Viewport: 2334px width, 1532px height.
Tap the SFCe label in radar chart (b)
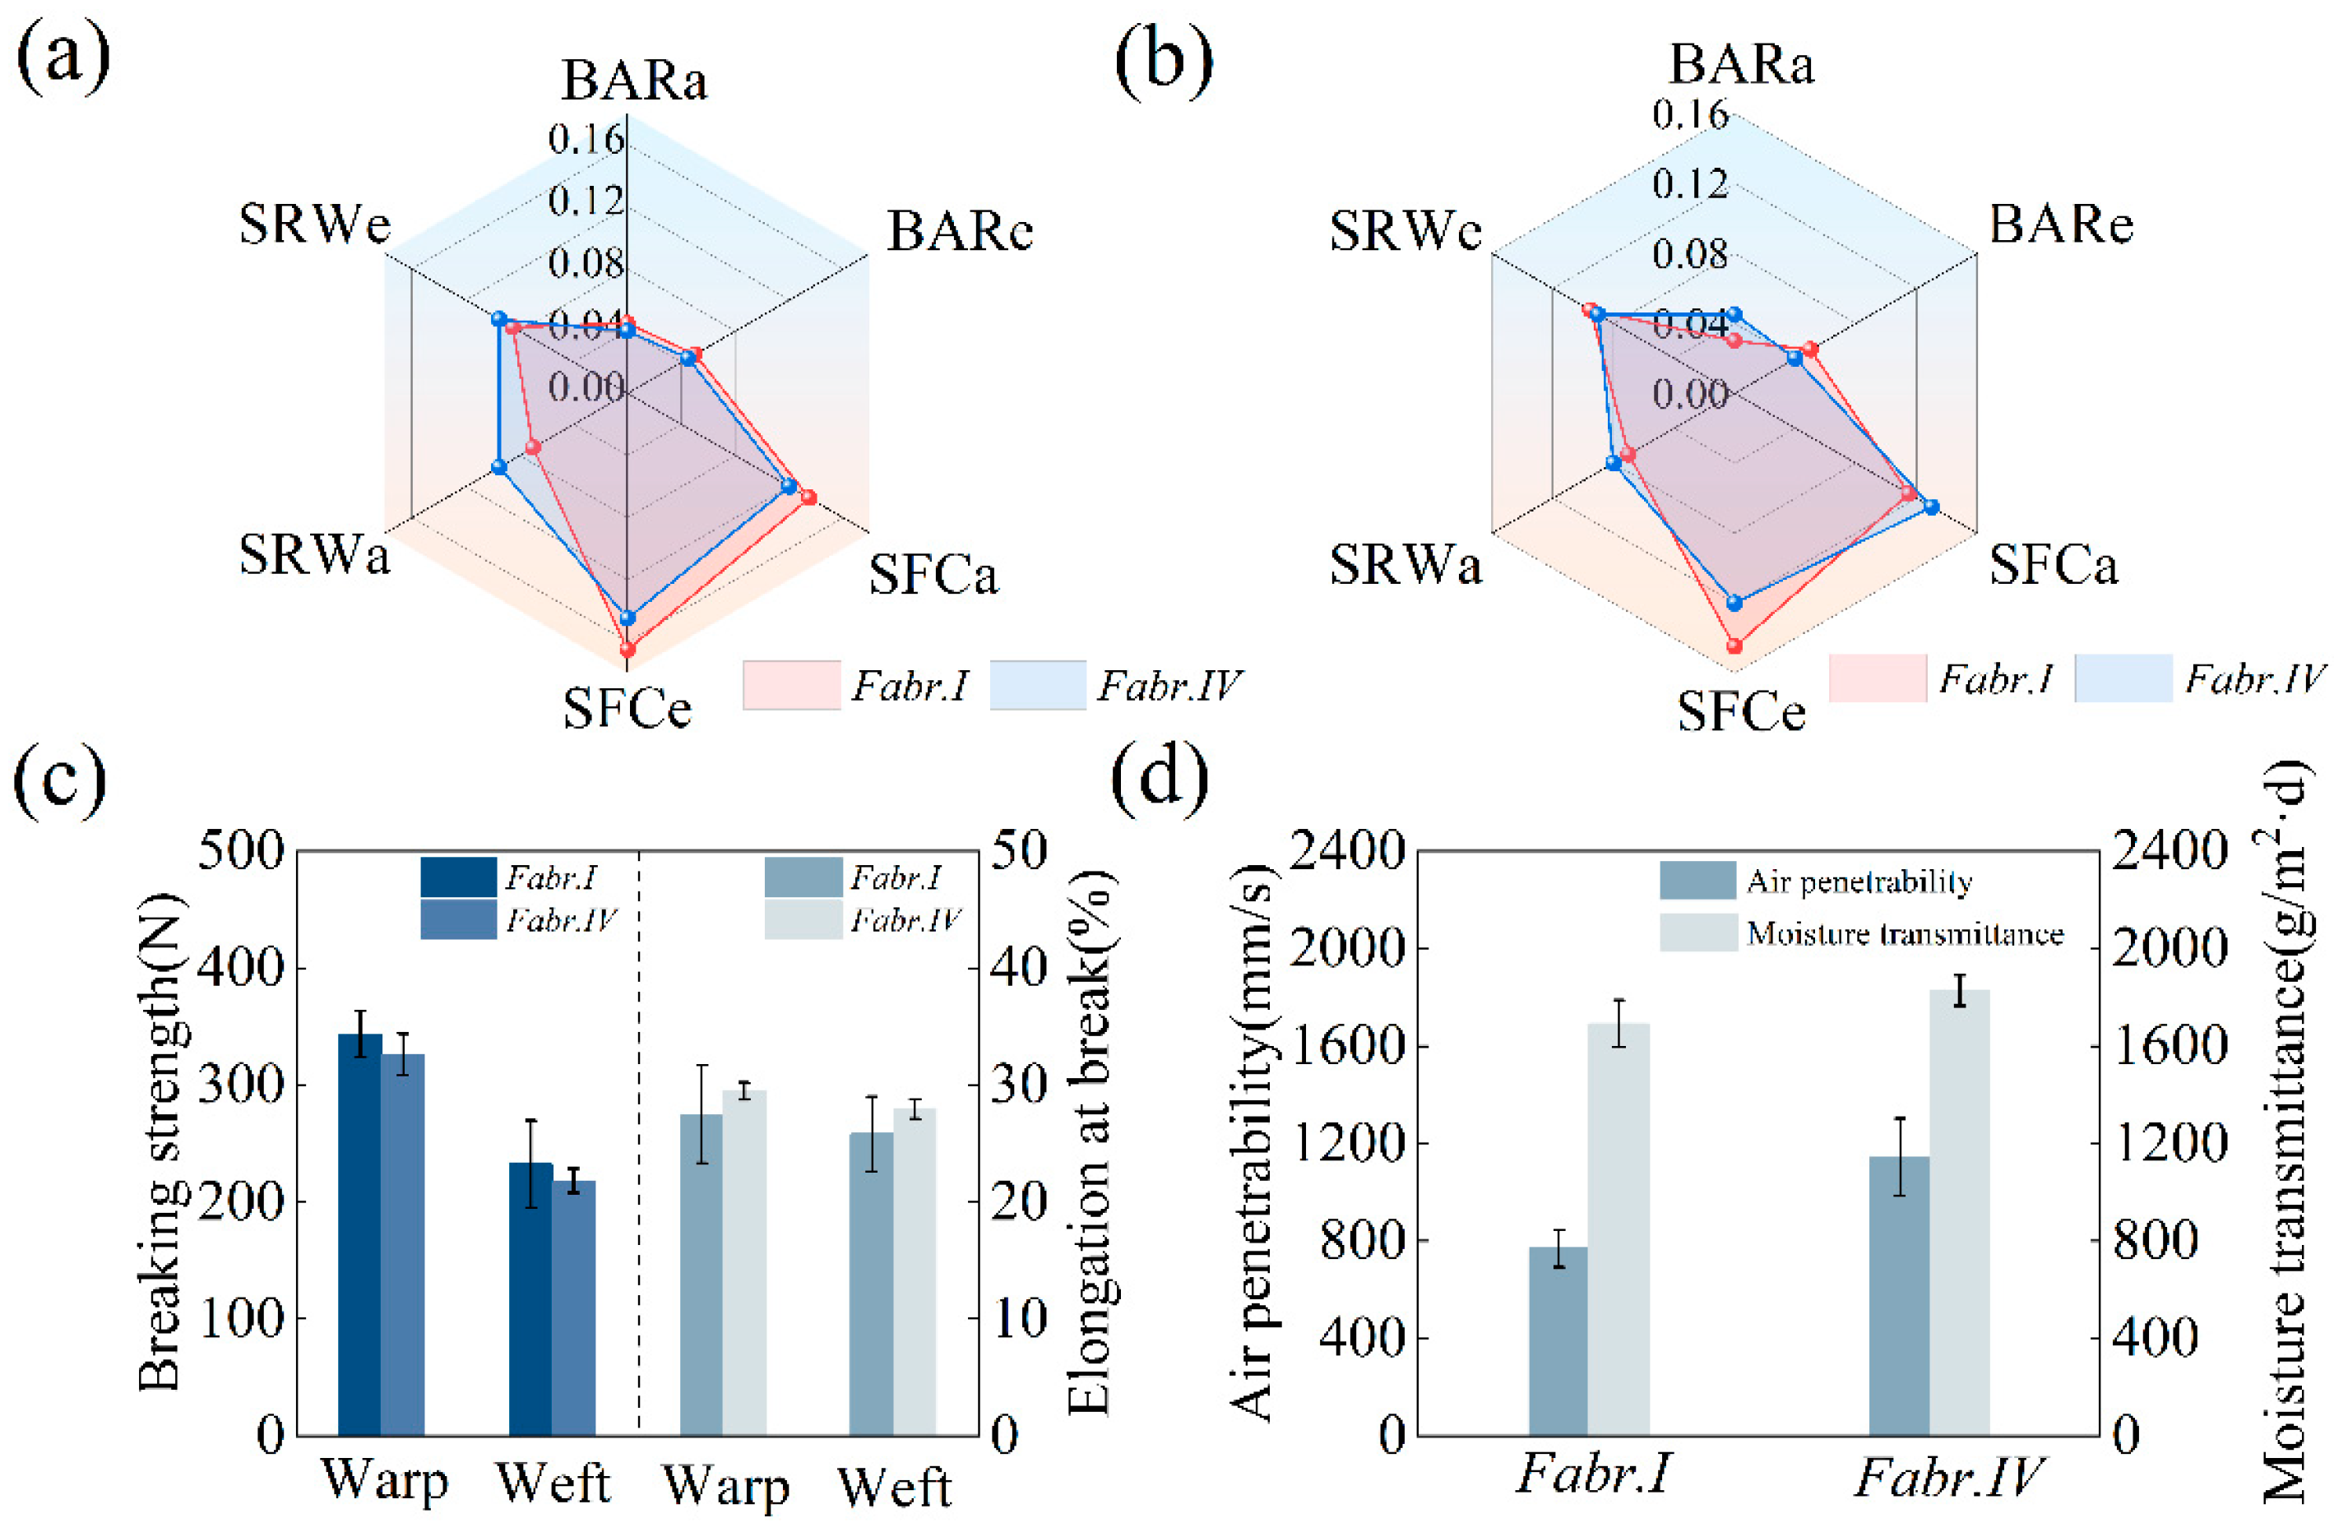(x=1741, y=711)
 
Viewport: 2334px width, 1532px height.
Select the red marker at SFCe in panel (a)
(x=627, y=648)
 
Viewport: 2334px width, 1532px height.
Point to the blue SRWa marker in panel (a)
(x=499, y=467)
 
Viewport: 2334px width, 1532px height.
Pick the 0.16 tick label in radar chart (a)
(x=586, y=139)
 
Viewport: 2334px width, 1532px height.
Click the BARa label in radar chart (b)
(x=1742, y=65)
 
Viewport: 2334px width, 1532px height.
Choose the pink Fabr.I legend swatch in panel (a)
(x=790, y=685)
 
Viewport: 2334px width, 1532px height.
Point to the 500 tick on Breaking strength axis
(x=240, y=850)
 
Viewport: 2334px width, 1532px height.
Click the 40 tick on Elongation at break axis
(x=1019, y=968)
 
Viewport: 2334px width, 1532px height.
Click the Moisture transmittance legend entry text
(x=1905, y=933)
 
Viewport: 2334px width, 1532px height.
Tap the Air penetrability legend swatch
(x=1697, y=881)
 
